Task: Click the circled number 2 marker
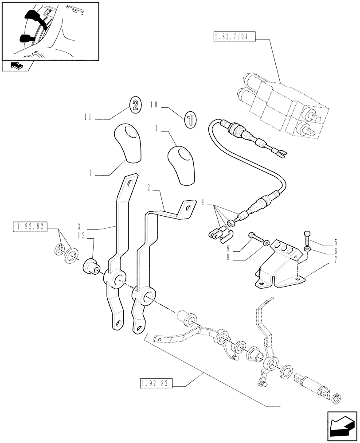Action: pyautogui.click(x=136, y=105)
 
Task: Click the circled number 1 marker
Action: pyautogui.click(x=190, y=120)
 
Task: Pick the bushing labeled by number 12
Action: pyautogui.click(x=91, y=267)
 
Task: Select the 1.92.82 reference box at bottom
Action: pyautogui.click(x=157, y=382)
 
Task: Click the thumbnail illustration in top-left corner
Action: pyautogui.click(x=50, y=31)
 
